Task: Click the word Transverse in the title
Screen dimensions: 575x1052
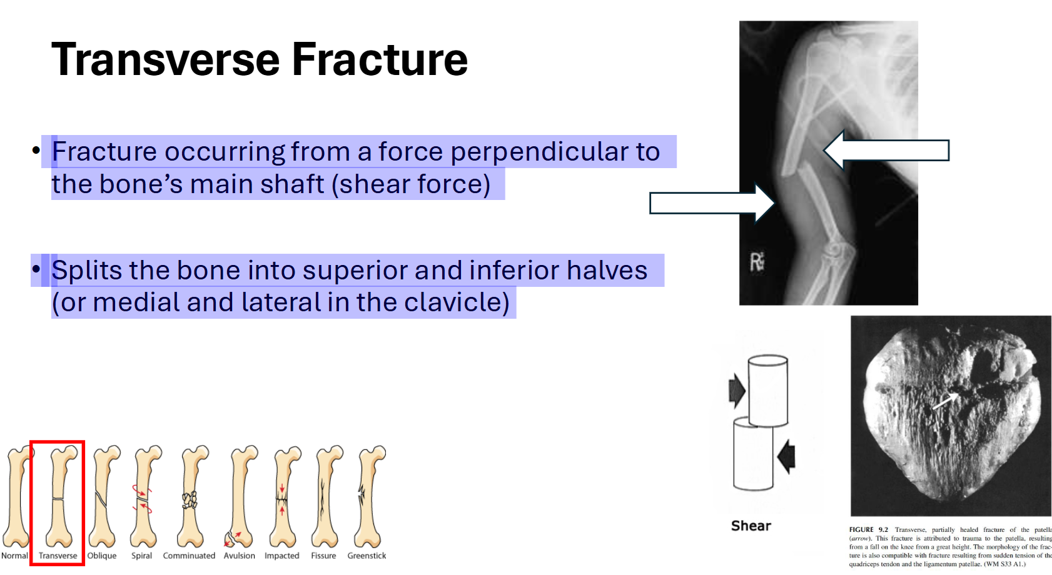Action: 166,60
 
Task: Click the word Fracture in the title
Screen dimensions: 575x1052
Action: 380,60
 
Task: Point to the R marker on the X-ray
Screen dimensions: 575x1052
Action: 757,262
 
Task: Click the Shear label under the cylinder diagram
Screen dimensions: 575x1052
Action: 751,526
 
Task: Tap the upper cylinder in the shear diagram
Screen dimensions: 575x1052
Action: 767,391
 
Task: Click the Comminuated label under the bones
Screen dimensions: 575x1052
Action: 189,556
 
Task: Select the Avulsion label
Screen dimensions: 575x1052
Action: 239,556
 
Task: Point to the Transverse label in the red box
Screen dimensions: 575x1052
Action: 58,556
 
